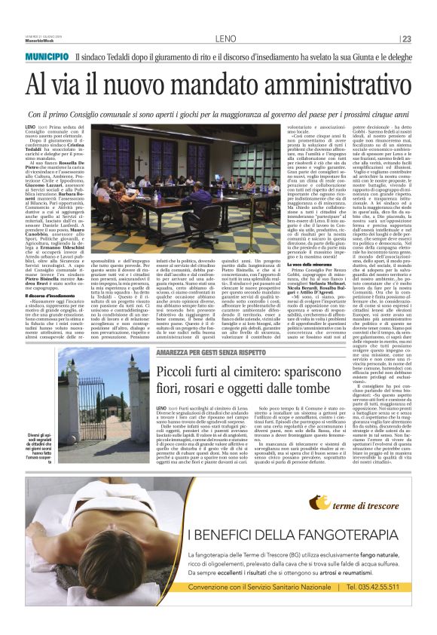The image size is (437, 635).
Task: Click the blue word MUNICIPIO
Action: [x=49, y=57]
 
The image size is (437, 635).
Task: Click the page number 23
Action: [x=406, y=39]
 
